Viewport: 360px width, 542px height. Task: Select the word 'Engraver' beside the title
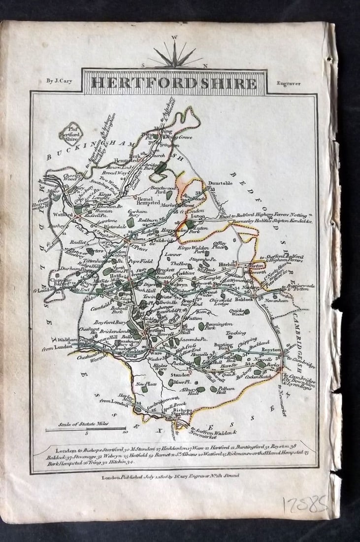[289, 83]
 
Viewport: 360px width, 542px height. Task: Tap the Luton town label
[198, 216]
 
